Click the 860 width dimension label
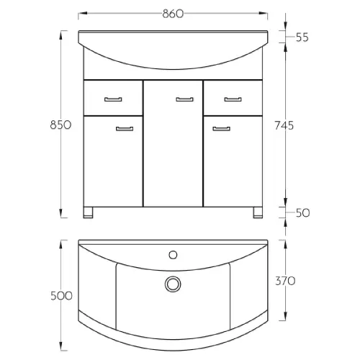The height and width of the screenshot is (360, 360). pyautogui.click(x=173, y=14)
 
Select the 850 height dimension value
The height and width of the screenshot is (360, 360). pyautogui.click(x=60, y=125)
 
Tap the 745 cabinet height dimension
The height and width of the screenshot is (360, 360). pyautogui.click(x=284, y=126)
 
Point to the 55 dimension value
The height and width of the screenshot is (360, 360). pyautogui.click(x=302, y=37)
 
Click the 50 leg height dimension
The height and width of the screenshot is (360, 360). pyautogui.click(x=302, y=213)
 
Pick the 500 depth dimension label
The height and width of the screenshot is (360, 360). pyautogui.click(x=61, y=296)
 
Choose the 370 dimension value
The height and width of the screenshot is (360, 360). pyautogui.click(x=285, y=281)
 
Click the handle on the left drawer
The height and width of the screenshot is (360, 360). pyautogui.click(x=113, y=99)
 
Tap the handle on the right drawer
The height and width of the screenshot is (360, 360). pyautogui.click(x=233, y=99)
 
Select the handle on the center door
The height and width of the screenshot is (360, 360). pyautogui.click(x=184, y=99)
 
